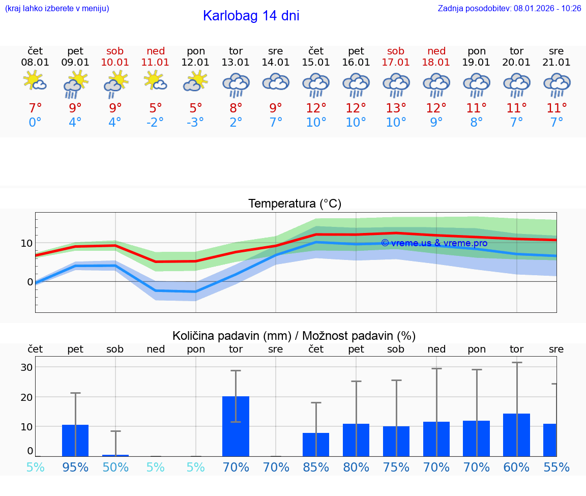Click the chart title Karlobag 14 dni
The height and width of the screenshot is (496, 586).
click(251, 16)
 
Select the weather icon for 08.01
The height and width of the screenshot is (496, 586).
click(35, 82)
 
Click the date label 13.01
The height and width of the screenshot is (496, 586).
click(236, 62)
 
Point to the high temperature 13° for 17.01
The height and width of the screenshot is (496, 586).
click(396, 108)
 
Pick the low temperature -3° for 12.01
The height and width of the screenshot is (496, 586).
click(195, 123)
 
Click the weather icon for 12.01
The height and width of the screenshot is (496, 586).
click(196, 82)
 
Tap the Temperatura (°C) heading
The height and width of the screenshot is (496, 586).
click(295, 204)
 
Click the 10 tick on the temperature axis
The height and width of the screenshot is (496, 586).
click(26, 243)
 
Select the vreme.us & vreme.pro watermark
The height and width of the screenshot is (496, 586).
click(434, 243)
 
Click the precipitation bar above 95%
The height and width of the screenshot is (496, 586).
click(75, 441)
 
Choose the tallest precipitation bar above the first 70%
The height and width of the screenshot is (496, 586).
click(236, 426)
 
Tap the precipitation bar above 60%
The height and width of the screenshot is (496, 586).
click(516, 435)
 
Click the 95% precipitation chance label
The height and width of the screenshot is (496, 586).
click(75, 467)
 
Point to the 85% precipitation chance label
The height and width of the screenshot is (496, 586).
click(316, 467)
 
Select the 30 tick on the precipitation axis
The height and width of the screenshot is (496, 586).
click(26, 367)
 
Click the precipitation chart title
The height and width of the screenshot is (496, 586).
click(294, 336)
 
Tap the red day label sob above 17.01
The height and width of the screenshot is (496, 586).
click(396, 51)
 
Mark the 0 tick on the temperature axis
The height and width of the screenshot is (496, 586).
click(30, 282)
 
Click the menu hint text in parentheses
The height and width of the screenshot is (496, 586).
click(56, 8)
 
